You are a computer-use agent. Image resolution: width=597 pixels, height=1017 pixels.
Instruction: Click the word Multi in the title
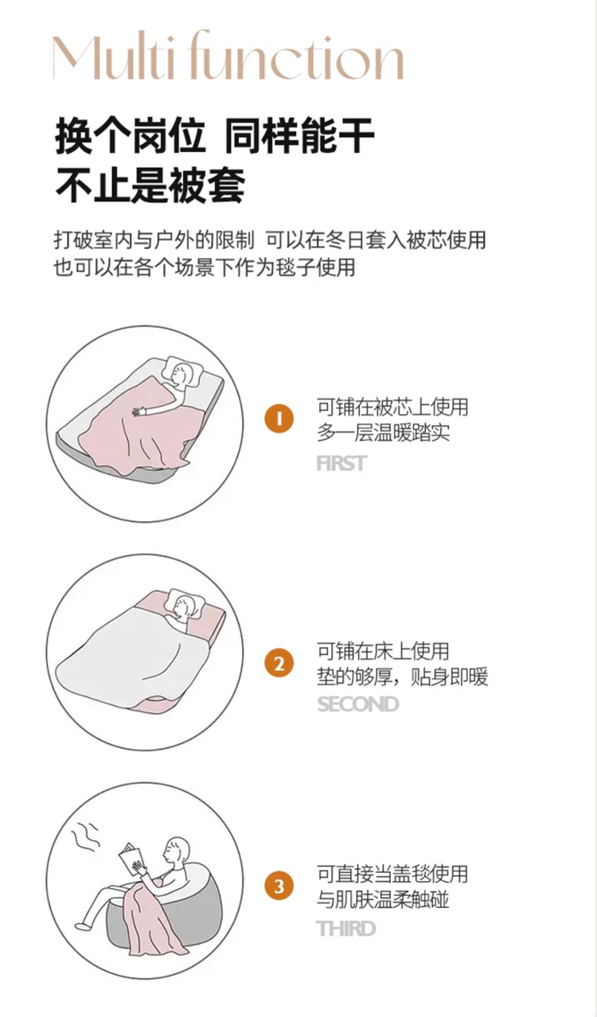(114, 56)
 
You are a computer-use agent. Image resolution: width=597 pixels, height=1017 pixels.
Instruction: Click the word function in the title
(295, 56)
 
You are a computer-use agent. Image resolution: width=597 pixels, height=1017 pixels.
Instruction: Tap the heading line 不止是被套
(150, 185)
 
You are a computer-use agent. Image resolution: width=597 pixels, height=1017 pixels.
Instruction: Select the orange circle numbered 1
(279, 418)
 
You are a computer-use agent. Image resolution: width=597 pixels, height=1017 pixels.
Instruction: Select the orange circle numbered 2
(279, 664)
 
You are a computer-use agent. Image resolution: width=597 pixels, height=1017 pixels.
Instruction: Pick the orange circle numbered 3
(279, 886)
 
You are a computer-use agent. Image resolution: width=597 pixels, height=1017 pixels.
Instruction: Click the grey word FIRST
(341, 464)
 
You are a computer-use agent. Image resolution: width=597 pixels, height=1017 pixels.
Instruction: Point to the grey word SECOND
(357, 704)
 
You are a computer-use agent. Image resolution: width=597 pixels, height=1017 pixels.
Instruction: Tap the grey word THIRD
(346, 929)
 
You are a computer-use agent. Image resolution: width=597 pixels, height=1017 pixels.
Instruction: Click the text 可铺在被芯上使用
(392, 407)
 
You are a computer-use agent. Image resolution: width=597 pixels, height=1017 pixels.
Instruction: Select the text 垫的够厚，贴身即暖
(402, 676)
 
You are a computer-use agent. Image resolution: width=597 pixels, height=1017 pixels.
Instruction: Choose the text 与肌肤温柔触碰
(383, 900)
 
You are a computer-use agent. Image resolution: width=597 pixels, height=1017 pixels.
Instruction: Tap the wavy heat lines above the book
(85, 835)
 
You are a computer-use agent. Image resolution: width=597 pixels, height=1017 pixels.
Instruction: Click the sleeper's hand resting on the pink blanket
(138, 411)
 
